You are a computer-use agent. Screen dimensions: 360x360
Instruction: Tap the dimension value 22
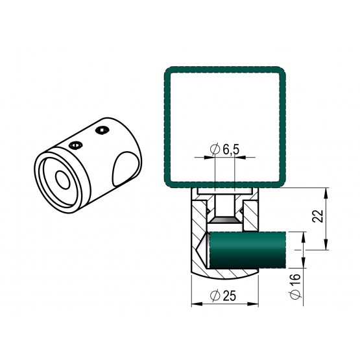[318, 216]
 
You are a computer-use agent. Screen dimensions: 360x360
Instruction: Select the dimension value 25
[230, 296]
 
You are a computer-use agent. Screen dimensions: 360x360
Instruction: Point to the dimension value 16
[296, 280]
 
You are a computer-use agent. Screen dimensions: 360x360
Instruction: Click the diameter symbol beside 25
[215, 296]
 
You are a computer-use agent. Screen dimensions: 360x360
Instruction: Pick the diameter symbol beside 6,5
[215, 149]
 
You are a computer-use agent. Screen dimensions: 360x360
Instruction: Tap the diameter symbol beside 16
[296, 294]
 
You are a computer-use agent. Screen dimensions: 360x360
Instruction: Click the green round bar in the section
[248, 250]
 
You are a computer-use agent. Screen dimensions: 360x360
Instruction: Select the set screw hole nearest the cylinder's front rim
[75, 145]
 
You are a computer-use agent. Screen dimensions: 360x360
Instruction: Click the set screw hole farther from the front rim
[102, 130]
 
